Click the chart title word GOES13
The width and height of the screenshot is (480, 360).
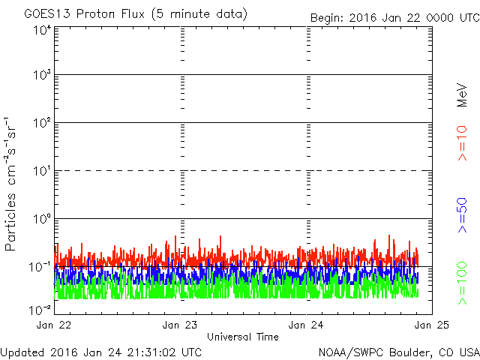[x=47, y=14]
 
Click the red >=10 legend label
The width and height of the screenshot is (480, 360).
[x=462, y=143]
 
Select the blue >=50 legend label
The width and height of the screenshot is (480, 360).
[x=462, y=215]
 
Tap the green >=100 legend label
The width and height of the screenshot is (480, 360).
[x=462, y=283]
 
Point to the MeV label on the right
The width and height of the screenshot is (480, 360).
[x=462, y=95]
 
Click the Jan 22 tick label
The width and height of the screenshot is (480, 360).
[x=54, y=325]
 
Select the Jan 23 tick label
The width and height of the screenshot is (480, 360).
[x=180, y=325]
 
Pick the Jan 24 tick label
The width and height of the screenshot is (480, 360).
[x=306, y=325]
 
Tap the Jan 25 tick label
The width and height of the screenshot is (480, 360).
[x=432, y=325]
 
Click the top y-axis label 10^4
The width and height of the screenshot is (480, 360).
[x=42, y=31]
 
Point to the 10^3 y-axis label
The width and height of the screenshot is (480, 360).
[x=42, y=75]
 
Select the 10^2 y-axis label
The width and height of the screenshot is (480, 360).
[x=42, y=123]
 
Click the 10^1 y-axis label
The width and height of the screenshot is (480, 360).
[x=42, y=171]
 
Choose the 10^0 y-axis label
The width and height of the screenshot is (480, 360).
[x=42, y=219]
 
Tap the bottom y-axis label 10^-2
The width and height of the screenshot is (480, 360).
[x=40, y=310]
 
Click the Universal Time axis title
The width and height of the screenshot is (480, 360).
[x=243, y=337]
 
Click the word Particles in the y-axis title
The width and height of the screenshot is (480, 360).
[x=10, y=222]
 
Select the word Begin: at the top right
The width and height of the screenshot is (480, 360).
[x=327, y=18]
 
